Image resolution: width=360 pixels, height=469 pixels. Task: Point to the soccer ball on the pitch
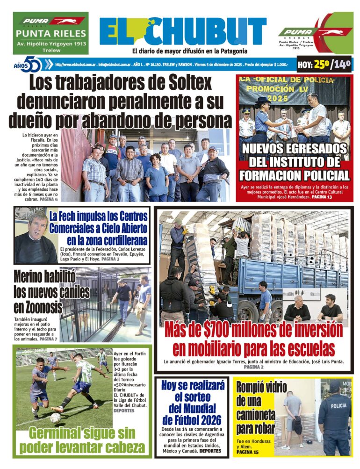tap(55, 417)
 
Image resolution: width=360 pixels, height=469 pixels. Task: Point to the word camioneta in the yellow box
tap(255, 414)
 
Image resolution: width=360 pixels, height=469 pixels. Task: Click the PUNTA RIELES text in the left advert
tap(51, 34)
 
